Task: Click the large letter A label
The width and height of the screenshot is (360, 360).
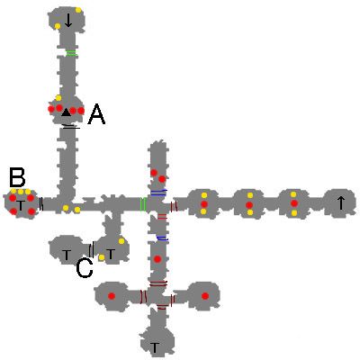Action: tap(96, 114)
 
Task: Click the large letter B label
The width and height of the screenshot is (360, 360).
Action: tap(17, 177)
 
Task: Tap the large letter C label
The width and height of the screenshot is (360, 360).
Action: tap(85, 268)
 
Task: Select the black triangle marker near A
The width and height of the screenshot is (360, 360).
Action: tap(66, 112)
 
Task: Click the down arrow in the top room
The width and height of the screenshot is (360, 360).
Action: tap(68, 20)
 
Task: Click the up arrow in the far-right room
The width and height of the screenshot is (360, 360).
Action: tap(340, 202)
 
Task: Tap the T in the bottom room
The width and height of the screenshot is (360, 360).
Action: tap(155, 347)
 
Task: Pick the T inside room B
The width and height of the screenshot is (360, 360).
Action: tap(21, 206)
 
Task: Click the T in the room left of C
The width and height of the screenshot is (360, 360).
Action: tap(67, 256)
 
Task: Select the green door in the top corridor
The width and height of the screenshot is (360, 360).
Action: tap(71, 53)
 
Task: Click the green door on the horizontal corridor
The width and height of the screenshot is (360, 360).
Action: tap(143, 204)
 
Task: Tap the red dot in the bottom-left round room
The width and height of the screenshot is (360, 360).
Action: tap(112, 296)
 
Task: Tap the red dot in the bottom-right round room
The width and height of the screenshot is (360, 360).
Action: tap(205, 296)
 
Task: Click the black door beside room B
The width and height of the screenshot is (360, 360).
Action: tap(41, 203)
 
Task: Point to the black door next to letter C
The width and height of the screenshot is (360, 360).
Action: tap(92, 249)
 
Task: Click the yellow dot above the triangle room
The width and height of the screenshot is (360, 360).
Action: tap(58, 98)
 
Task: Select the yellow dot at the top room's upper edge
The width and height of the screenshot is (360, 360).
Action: tap(78, 10)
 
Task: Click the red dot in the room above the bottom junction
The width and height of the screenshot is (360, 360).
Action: tap(157, 258)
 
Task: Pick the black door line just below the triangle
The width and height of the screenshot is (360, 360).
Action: tap(71, 126)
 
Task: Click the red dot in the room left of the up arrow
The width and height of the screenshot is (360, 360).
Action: tap(294, 203)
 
